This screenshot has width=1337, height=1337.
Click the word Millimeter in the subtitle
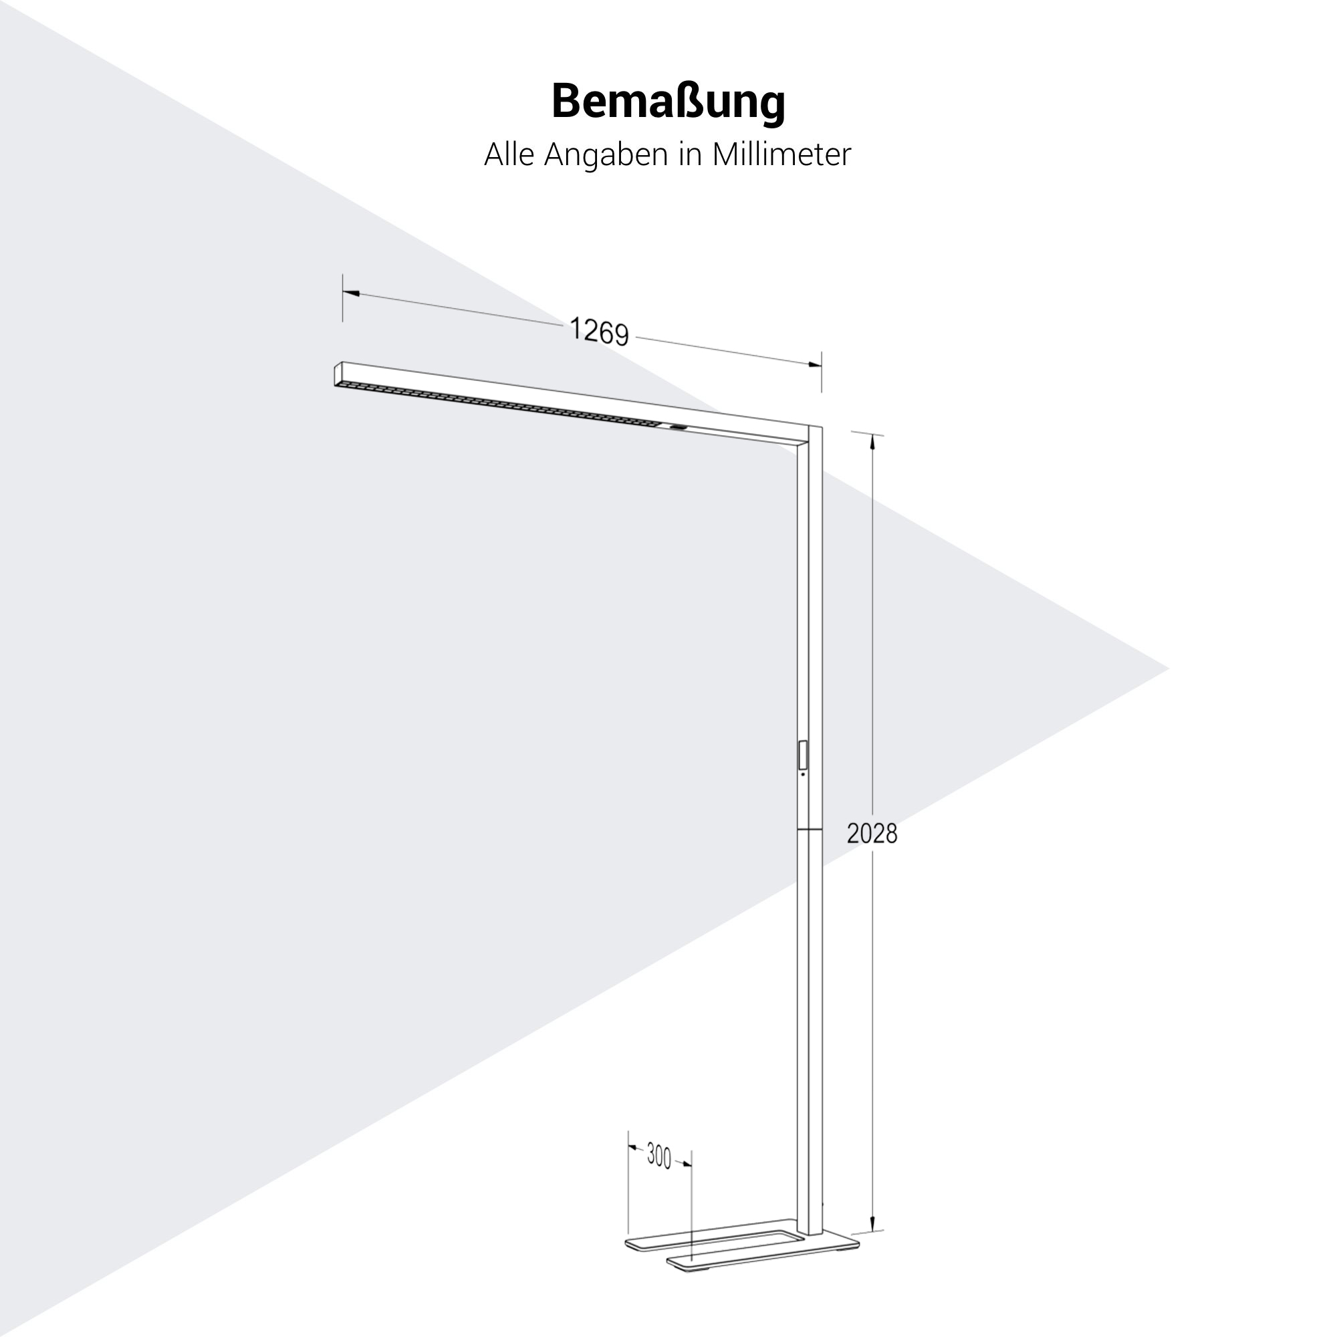click(x=781, y=154)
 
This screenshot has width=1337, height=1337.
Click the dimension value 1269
click(x=599, y=331)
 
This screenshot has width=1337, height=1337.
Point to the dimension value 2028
click(x=872, y=834)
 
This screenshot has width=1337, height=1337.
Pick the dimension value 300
click(x=659, y=1157)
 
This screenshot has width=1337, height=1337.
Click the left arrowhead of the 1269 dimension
click(x=351, y=294)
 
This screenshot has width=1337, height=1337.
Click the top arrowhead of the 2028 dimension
click(x=872, y=443)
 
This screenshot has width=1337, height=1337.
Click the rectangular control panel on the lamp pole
click(x=803, y=755)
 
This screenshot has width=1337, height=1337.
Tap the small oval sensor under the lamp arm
click(x=677, y=429)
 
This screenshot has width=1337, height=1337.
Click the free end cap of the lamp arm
click(x=338, y=374)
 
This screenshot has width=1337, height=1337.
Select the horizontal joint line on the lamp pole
click(x=809, y=829)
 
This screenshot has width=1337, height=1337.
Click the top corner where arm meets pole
click(x=822, y=427)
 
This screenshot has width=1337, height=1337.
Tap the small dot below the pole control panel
click(x=803, y=774)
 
